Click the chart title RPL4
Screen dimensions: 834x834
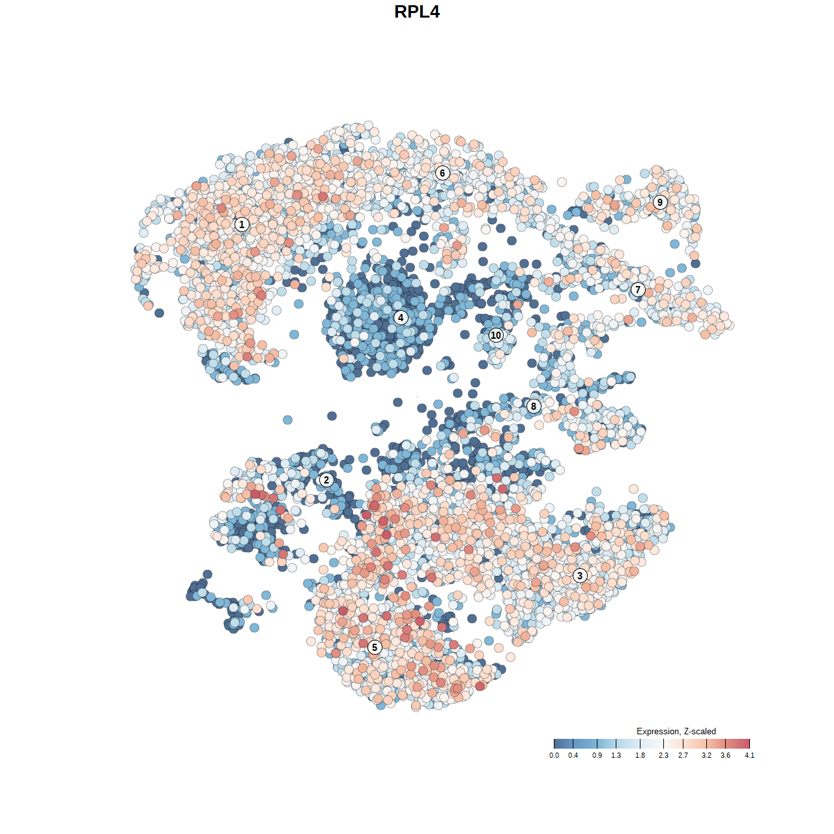(x=417, y=12)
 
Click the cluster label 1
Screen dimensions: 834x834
(x=242, y=224)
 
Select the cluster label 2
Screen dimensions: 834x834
(x=326, y=480)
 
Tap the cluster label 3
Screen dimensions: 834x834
(x=580, y=575)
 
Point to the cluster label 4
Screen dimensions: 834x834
(x=401, y=318)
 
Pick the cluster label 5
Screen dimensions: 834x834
(x=375, y=647)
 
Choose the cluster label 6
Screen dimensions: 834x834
(x=442, y=173)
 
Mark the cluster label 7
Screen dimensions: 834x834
(x=638, y=290)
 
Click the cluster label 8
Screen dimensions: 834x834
(x=534, y=407)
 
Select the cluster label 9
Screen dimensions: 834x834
(x=660, y=202)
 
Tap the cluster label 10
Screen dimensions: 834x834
(x=496, y=336)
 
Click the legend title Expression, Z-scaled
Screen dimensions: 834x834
(x=676, y=731)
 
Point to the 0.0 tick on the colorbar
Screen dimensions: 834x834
(x=554, y=744)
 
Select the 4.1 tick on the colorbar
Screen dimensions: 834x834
(x=749, y=744)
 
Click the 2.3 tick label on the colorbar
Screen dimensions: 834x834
(x=663, y=756)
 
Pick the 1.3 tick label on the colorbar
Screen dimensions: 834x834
(x=616, y=756)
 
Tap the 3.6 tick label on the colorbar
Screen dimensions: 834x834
(x=725, y=756)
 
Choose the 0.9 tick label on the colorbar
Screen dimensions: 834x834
(x=597, y=756)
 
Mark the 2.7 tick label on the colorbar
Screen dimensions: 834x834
(x=683, y=756)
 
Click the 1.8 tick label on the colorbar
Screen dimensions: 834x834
(x=640, y=756)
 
